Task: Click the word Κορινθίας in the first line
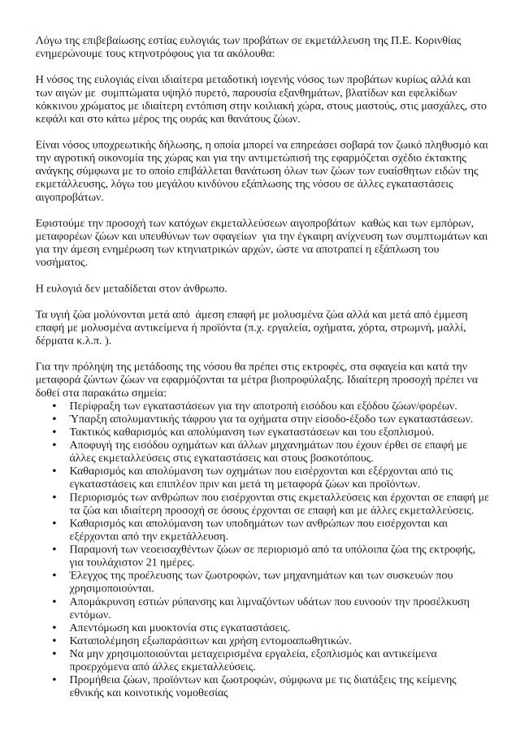click(464, 39)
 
